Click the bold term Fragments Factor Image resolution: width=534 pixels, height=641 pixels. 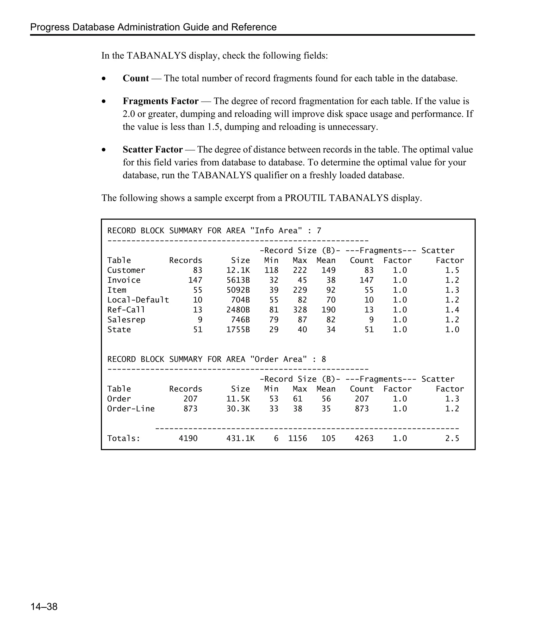pyautogui.click(x=161, y=101)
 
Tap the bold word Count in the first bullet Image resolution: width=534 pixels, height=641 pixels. pyautogui.click(x=136, y=78)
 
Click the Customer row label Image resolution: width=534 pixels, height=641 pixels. pyautogui.click(x=126, y=270)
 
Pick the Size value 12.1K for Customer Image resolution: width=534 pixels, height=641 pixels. pyautogui.click(x=238, y=270)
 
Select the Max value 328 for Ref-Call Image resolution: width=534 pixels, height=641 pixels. pyautogui.click(x=300, y=310)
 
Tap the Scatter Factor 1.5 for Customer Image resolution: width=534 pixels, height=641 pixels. pyautogui.click(x=452, y=270)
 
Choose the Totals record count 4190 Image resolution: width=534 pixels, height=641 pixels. pyautogui.click(x=188, y=438)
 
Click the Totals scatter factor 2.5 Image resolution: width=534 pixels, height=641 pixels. pyautogui.click(x=452, y=438)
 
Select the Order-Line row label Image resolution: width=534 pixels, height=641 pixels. pyautogui.click(x=131, y=409)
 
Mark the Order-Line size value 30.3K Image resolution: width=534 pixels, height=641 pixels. pyautogui.click(x=238, y=409)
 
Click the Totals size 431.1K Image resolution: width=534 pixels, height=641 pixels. pyautogui.click(x=240, y=438)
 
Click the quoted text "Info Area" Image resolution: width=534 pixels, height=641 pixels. pyautogui.click(x=276, y=231)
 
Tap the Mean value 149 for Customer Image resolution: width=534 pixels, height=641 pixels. pyautogui.click(x=328, y=270)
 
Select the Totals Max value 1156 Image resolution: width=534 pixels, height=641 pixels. pyautogui.click(x=298, y=438)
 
